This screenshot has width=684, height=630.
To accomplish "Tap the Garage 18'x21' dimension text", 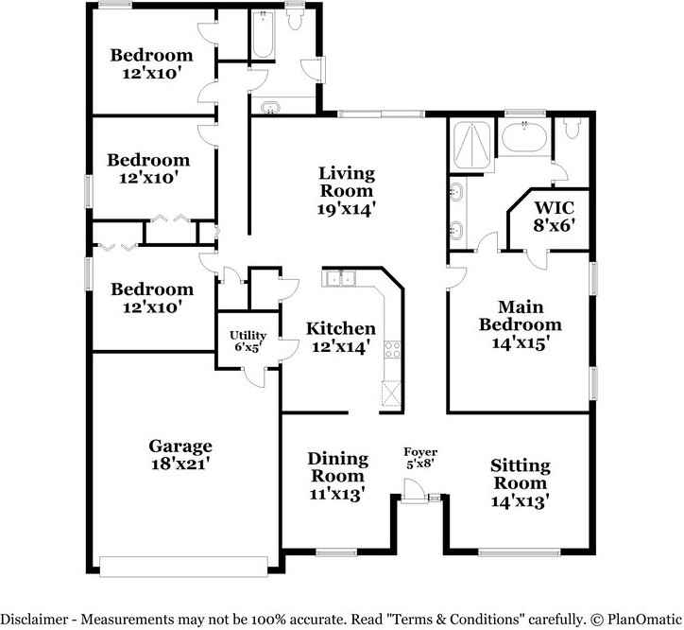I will pos(180,464).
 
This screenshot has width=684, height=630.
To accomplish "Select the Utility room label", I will pos(248,336).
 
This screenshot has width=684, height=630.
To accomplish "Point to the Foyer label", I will pos(420,452).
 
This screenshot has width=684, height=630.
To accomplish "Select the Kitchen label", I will pos(341,328).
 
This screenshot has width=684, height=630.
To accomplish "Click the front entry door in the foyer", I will pos(414,492).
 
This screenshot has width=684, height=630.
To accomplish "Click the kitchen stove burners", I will pos(391,349).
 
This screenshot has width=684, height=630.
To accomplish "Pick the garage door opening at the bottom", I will pos(184,567).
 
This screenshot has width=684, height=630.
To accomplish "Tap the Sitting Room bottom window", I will pos(519,551).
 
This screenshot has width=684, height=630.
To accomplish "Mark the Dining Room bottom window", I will pos(335,551).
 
